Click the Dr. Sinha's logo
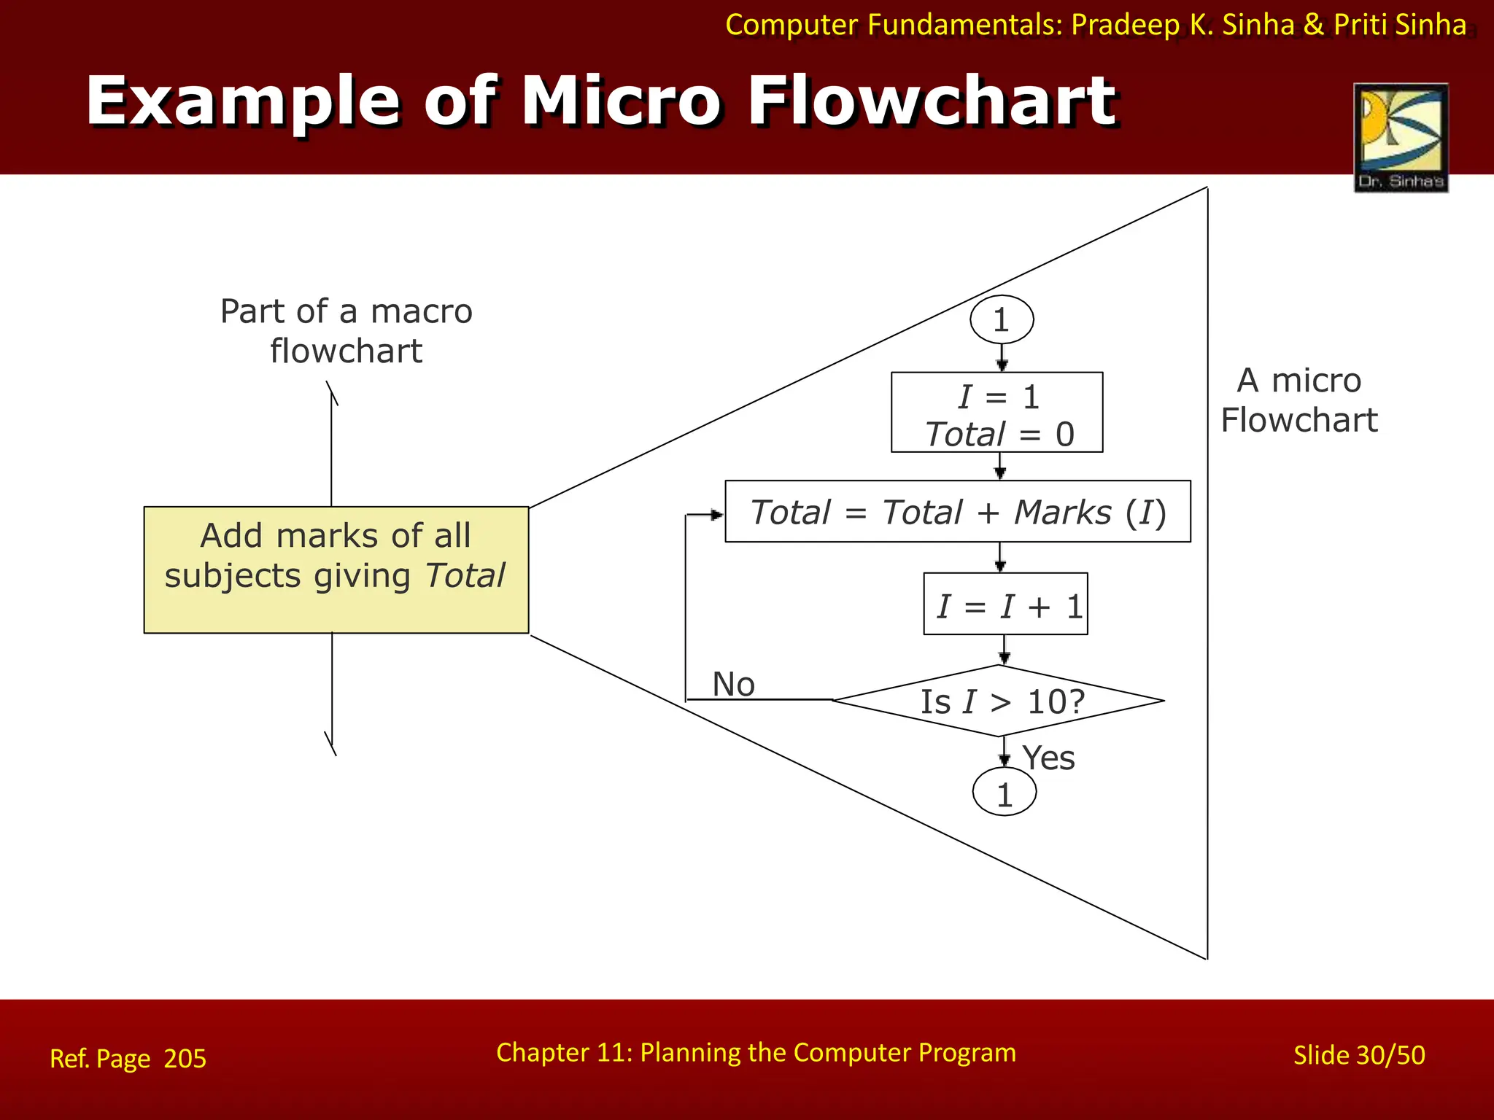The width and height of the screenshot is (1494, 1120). point(1401,137)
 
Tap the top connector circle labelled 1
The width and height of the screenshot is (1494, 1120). point(1002,319)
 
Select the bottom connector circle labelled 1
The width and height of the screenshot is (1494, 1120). point(1005,793)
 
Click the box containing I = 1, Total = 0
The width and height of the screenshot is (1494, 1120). point(996,413)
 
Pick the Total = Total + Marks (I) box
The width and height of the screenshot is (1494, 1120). point(957,512)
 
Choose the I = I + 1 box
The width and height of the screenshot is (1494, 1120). point(1005,604)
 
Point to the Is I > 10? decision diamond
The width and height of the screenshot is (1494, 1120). point(998,701)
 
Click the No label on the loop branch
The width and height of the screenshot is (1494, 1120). point(733,685)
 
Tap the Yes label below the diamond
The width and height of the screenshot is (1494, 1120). point(1048,758)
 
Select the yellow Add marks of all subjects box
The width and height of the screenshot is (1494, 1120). point(336,569)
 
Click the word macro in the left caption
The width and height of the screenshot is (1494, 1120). point(422,312)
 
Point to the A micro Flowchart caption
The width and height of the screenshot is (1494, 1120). point(1299,400)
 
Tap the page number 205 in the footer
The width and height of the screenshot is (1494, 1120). point(185,1059)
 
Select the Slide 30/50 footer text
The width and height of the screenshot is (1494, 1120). point(1359,1055)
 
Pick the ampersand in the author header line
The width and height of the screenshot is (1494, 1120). point(1313,25)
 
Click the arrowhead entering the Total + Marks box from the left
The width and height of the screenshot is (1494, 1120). point(717,515)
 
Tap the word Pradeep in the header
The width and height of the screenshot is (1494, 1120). point(1125,25)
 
